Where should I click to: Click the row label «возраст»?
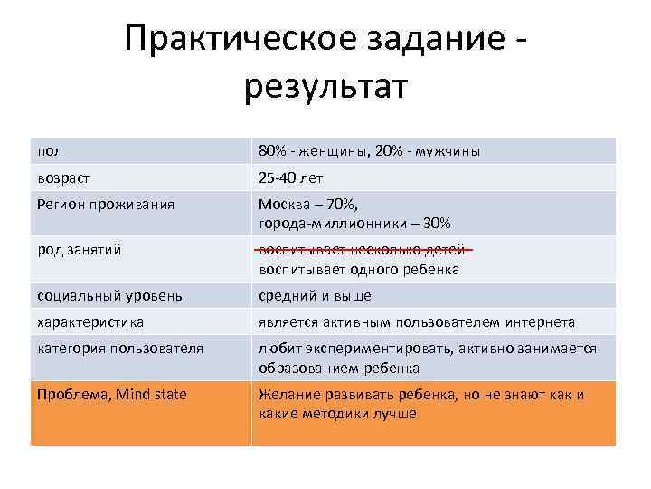coord(63,177)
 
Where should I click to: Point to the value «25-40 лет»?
coord(290,177)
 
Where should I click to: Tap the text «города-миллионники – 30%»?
coord(354,223)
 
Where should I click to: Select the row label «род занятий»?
coord(79,250)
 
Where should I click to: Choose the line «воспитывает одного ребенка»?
coord(359,269)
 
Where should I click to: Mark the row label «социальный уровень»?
coord(109,295)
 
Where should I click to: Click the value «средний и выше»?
coord(315,295)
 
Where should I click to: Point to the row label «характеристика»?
coord(90,321)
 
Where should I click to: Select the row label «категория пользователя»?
coord(120,348)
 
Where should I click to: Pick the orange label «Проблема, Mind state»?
coord(111,395)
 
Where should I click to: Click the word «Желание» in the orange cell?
coord(288,395)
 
